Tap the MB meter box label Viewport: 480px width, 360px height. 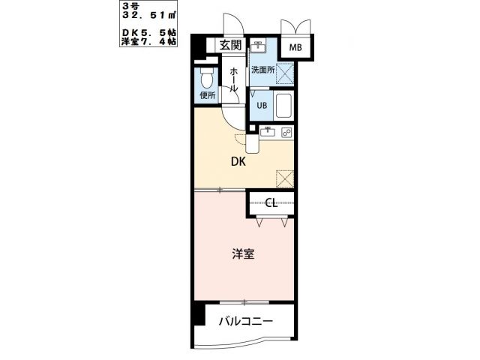[296, 49]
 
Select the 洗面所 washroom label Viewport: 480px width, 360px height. [262, 70]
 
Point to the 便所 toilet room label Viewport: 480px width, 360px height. [207, 95]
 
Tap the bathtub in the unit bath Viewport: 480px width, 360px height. [283, 106]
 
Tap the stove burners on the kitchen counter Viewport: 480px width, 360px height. [286, 133]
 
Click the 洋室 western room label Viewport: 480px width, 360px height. [243, 254]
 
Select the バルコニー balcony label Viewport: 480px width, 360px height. [245, 322]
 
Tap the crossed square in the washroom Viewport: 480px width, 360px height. [284, 73]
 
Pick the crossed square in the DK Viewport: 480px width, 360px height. [284, 178]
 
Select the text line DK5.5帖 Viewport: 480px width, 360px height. [149, 33]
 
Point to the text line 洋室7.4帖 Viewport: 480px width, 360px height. [149, 42]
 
